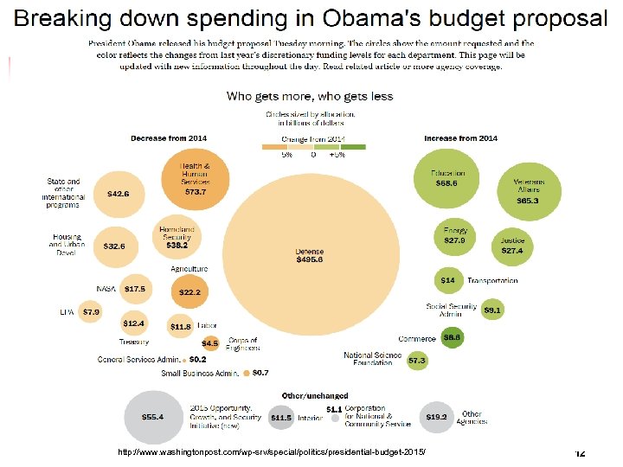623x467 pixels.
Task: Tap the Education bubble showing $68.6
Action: click(447, 179)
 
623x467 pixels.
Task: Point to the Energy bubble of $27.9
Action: click(455, 236)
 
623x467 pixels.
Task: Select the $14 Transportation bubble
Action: click(447, 280)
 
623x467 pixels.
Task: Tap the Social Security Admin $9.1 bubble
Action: click(492, 310)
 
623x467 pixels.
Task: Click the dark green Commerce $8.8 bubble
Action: click(451, 338)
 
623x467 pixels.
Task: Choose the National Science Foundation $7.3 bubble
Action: click(417, 359)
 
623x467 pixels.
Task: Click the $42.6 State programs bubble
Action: click(118, 194)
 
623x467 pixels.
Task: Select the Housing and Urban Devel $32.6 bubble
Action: click(113, 246)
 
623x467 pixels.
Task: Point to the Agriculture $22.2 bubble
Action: click(189, 292)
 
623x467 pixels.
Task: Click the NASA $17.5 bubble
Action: click(134, 289)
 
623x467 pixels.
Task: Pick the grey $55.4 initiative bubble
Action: click(152, 417)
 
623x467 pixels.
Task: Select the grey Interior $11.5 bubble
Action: click(280, 418)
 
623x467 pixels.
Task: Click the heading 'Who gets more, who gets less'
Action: click(310, 96)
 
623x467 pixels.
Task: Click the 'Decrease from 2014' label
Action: click(169, 138)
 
